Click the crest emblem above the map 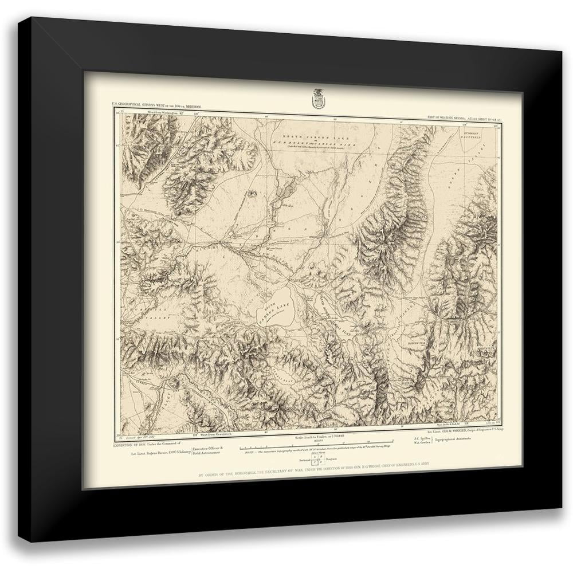click(x=317, y=98)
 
